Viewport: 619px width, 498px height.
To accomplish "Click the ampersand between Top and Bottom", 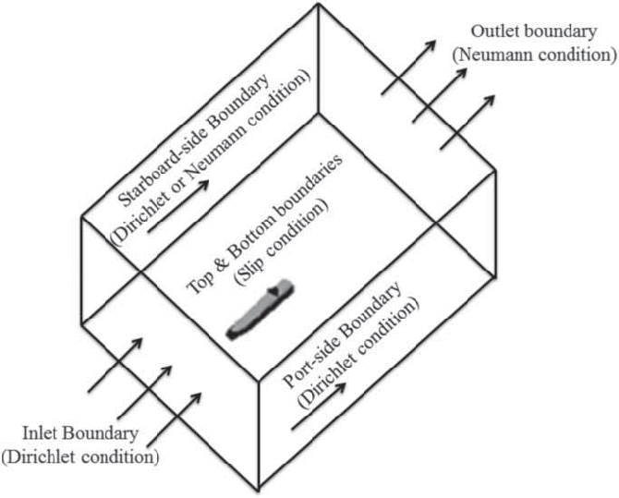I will (x=229, y=242).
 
